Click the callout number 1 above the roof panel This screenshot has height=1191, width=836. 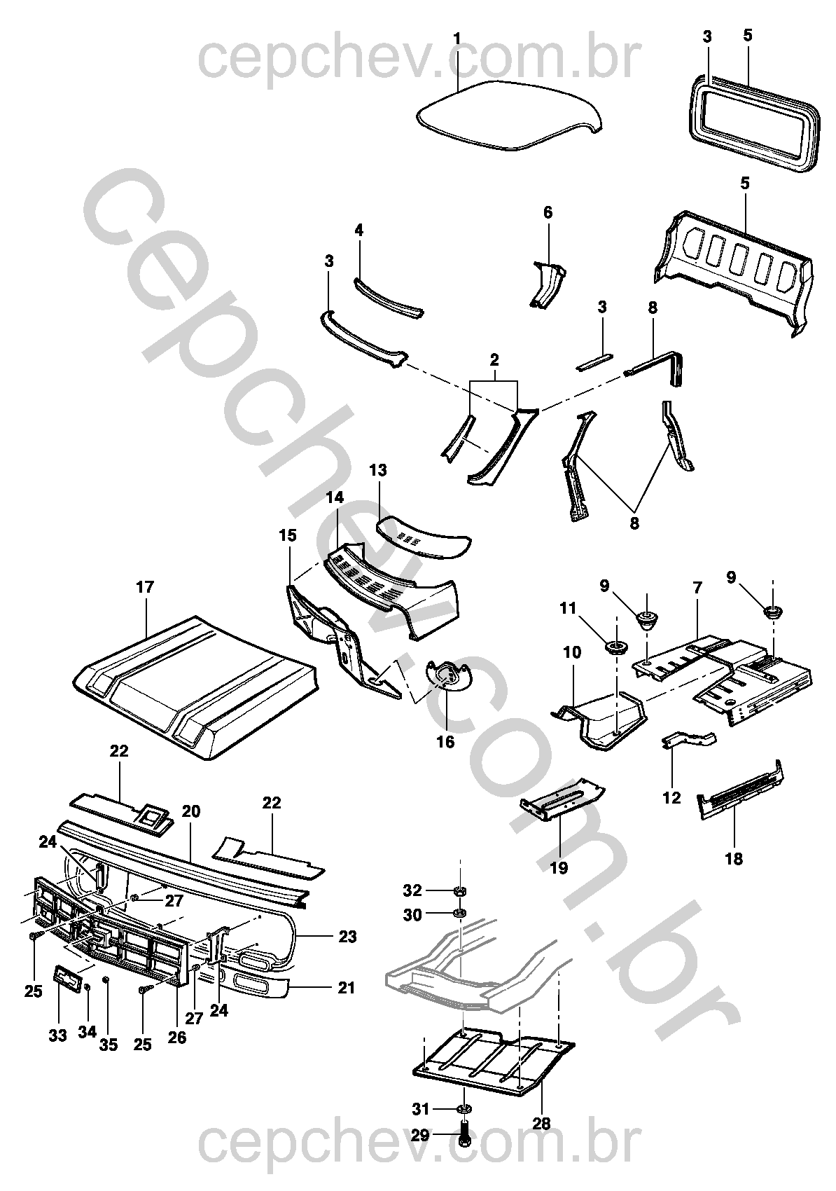coord(457,39)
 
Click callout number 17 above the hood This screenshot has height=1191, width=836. coord(144,587)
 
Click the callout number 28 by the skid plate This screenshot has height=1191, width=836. coord(541,1123)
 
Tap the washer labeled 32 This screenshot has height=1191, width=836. coord(460,891)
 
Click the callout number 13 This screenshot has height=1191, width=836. coord(378,470)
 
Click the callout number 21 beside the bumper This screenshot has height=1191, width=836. coord(347,988)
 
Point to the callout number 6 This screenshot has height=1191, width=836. coord(548,212)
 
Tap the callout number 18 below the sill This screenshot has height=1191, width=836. coord(734,858)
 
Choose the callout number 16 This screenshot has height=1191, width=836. coord(445,741)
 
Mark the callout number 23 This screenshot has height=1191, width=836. coord(347,936)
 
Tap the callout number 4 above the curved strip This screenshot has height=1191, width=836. coord(359,230)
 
